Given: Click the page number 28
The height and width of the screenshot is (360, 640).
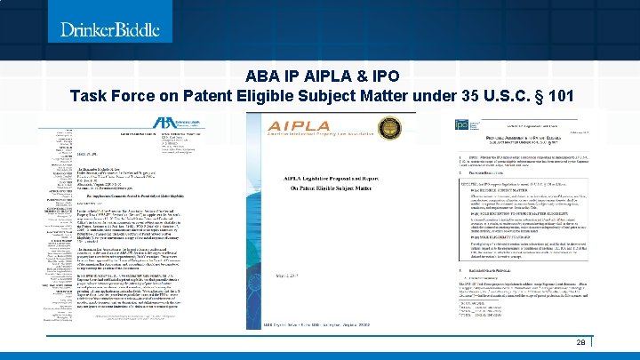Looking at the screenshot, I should [x=580, y=343].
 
